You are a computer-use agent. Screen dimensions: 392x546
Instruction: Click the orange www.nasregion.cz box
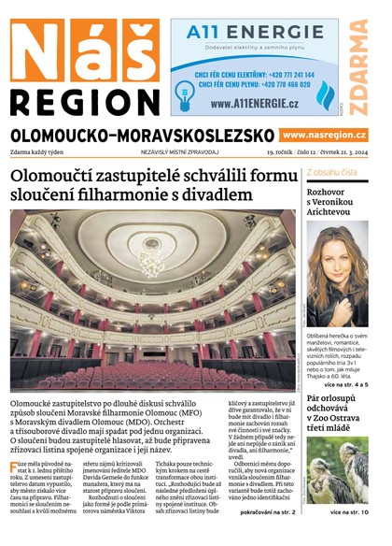[x=326, y=136]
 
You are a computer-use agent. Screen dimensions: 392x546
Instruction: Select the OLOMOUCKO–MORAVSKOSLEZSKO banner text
[x=143, y=136]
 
